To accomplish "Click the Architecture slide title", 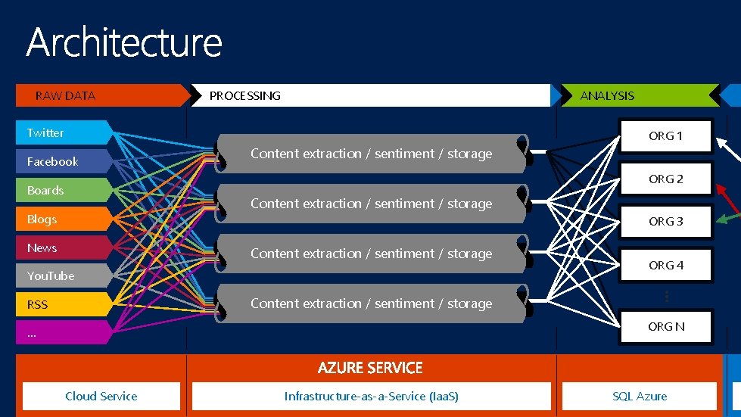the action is pos(124,42).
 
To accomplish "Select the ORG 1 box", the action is pos(666,136).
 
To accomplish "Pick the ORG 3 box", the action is pos(666,222).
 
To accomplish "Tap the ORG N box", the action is pos(666,327).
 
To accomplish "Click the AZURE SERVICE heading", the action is pos(370,368).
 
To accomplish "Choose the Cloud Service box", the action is pos(101,396).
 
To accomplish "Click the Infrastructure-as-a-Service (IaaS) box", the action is pos(372,396).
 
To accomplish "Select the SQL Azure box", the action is pos(640,396).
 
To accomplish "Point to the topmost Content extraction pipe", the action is pos(371,154).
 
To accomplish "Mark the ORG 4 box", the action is pos(666,266).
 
